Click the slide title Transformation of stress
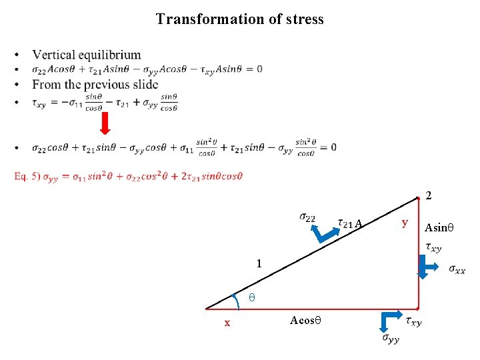pos(239,19)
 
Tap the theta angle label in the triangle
pos(252,296)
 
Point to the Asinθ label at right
pos(439,227)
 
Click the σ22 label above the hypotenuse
pos(308,217)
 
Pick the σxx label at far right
pos(457,269)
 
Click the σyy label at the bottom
pos(391,339)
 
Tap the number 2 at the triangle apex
pos(429,196)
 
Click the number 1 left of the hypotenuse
pos(260,264)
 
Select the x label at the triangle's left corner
pos(227,323)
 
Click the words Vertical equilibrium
pos(87,55)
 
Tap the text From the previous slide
pos(95,85)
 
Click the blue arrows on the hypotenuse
pos(324,234)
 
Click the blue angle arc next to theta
pos(237,301)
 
